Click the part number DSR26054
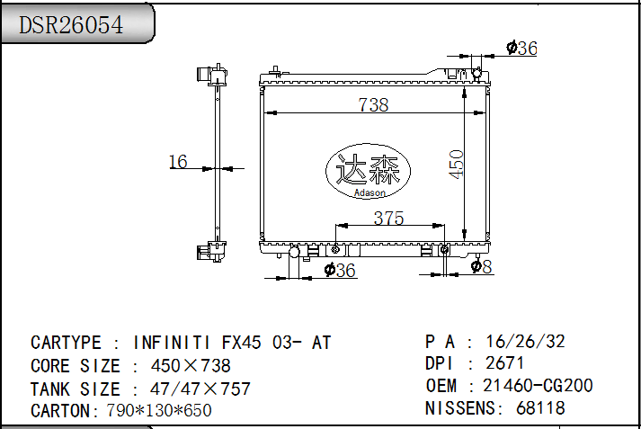point(72,24)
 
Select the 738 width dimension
point(373,104)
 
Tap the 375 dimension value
point(388,218)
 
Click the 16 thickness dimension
point(178,162)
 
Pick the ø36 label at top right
point(521,49)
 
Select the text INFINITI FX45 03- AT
point(232,343)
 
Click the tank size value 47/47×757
point(191,389)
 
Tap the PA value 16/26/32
point(525,342)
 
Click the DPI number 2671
point(505,363)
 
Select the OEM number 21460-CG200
point(538,386)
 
